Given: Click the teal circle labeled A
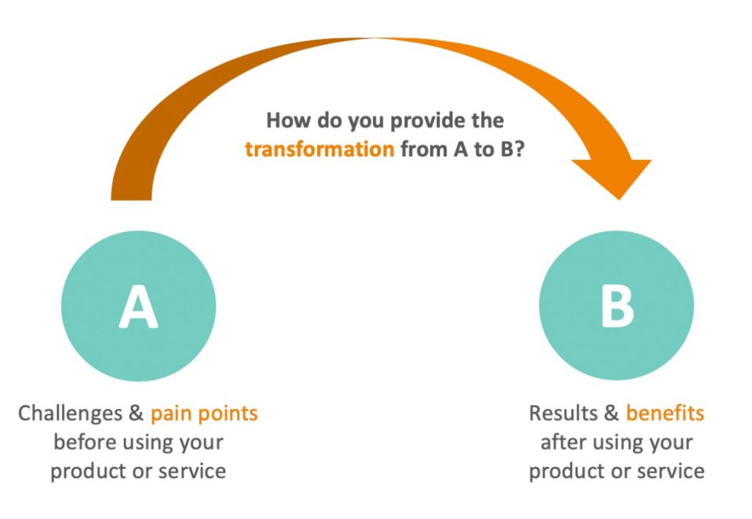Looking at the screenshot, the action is coord(139,306).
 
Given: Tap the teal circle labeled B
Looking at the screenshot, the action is coord(616,305).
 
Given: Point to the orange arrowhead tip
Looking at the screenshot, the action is coord(619,200).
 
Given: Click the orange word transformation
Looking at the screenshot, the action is coord(319,149).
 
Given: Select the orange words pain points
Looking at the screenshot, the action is coord(204,413).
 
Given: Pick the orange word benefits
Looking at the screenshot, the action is coord(665,413).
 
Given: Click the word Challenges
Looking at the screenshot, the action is coord(70,413).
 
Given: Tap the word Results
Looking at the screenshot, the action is coord(563,413).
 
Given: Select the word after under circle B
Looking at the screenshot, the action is coord(564,442).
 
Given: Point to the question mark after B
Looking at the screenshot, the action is coord(519,149).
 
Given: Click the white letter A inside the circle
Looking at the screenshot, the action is coord(138,307).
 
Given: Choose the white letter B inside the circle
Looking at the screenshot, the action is coord(617,307).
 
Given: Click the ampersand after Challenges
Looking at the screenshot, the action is coord(136,413).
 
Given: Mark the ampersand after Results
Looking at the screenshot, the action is coord(612,413).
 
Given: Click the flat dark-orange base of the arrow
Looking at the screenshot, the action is coord(131,199).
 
